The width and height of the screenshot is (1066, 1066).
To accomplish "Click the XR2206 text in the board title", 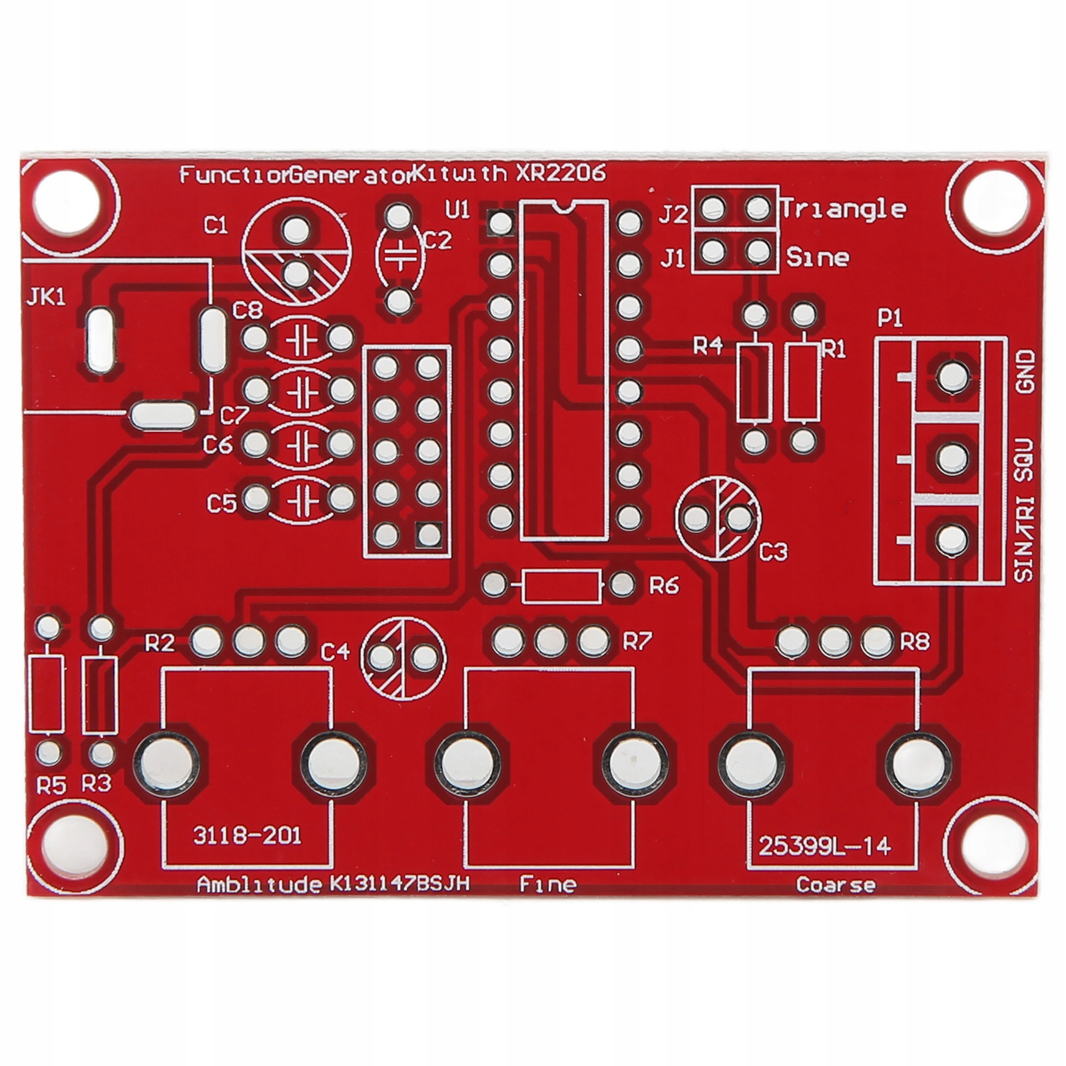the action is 561,174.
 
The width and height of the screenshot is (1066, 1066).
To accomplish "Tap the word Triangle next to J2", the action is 843,209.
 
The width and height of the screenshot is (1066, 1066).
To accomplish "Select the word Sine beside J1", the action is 818,257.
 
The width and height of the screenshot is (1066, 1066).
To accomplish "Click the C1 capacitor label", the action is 216,226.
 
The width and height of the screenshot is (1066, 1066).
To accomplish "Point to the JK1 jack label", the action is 46,297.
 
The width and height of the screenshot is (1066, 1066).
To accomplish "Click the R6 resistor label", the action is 664,585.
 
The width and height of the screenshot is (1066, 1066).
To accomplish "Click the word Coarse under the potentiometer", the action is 836,885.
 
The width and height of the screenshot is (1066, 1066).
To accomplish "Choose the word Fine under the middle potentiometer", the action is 547,884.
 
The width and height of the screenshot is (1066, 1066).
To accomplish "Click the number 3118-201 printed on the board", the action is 247,835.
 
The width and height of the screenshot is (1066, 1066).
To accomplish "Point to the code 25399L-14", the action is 824,846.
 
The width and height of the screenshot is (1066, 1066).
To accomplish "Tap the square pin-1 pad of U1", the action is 500,222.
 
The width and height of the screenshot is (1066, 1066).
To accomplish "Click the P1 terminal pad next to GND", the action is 952,377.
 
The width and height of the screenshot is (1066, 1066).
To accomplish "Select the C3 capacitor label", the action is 774,551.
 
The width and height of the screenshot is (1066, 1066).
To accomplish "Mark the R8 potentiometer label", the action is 915,642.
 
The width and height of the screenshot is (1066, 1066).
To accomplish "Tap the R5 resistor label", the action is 51,786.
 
